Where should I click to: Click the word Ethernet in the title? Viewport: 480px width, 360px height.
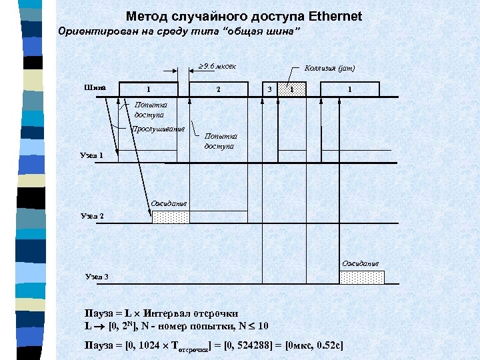(x=329, y=16)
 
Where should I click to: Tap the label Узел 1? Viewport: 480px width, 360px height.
(x=91, y=155)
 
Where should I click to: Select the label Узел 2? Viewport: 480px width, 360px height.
(x=91, y=216)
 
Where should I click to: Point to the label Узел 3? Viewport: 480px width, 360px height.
(x=97, y=277)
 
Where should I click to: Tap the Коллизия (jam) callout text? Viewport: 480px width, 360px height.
(x=329, y=68)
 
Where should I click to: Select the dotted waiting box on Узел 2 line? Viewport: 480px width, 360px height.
(x=171, y=217)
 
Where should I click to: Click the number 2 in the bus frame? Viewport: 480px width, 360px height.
(x=218, y=89)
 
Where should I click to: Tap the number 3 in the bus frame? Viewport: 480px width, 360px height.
(x=269, y=89)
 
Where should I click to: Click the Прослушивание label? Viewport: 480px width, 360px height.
(x=158, y=129)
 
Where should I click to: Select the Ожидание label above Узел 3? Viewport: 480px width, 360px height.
(x=361, y=263)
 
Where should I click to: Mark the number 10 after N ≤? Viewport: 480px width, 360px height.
(x=263, y=326)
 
